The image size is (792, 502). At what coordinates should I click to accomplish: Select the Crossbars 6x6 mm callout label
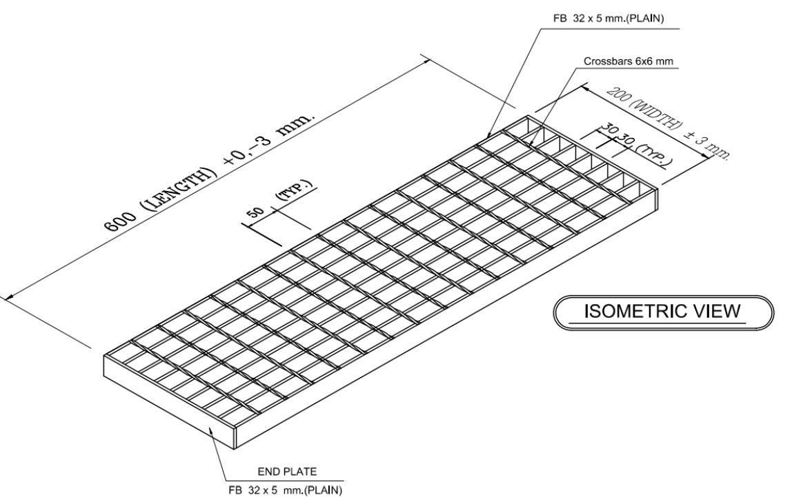pos(628,61)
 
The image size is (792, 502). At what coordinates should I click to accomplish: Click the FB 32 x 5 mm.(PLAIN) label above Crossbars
pos(608,19)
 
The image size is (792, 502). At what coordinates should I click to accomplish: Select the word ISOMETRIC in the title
pos(628,312)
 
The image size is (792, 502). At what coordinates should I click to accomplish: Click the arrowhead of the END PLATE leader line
pos(210,428)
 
